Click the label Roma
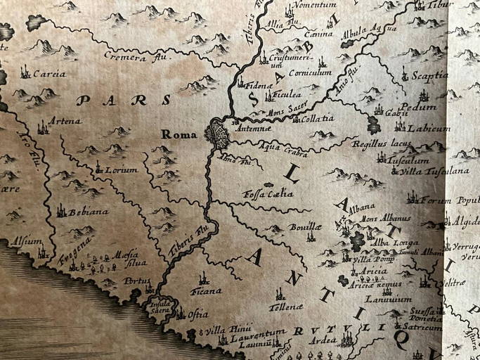click(x=176, y=134)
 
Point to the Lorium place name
click(x=121, y=169)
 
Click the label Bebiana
click(x=88, y=212)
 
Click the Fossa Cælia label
click(x=267, y=193)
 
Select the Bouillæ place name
click(x=304, y=227)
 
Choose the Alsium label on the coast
click(x=27, y=241)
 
